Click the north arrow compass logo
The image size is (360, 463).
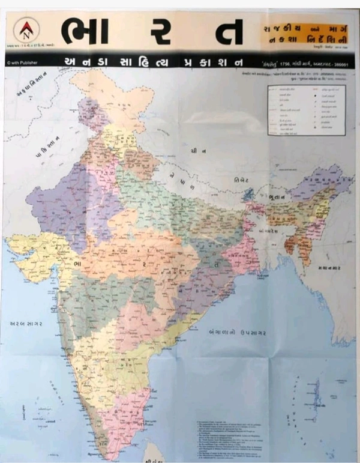click(26, 29)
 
